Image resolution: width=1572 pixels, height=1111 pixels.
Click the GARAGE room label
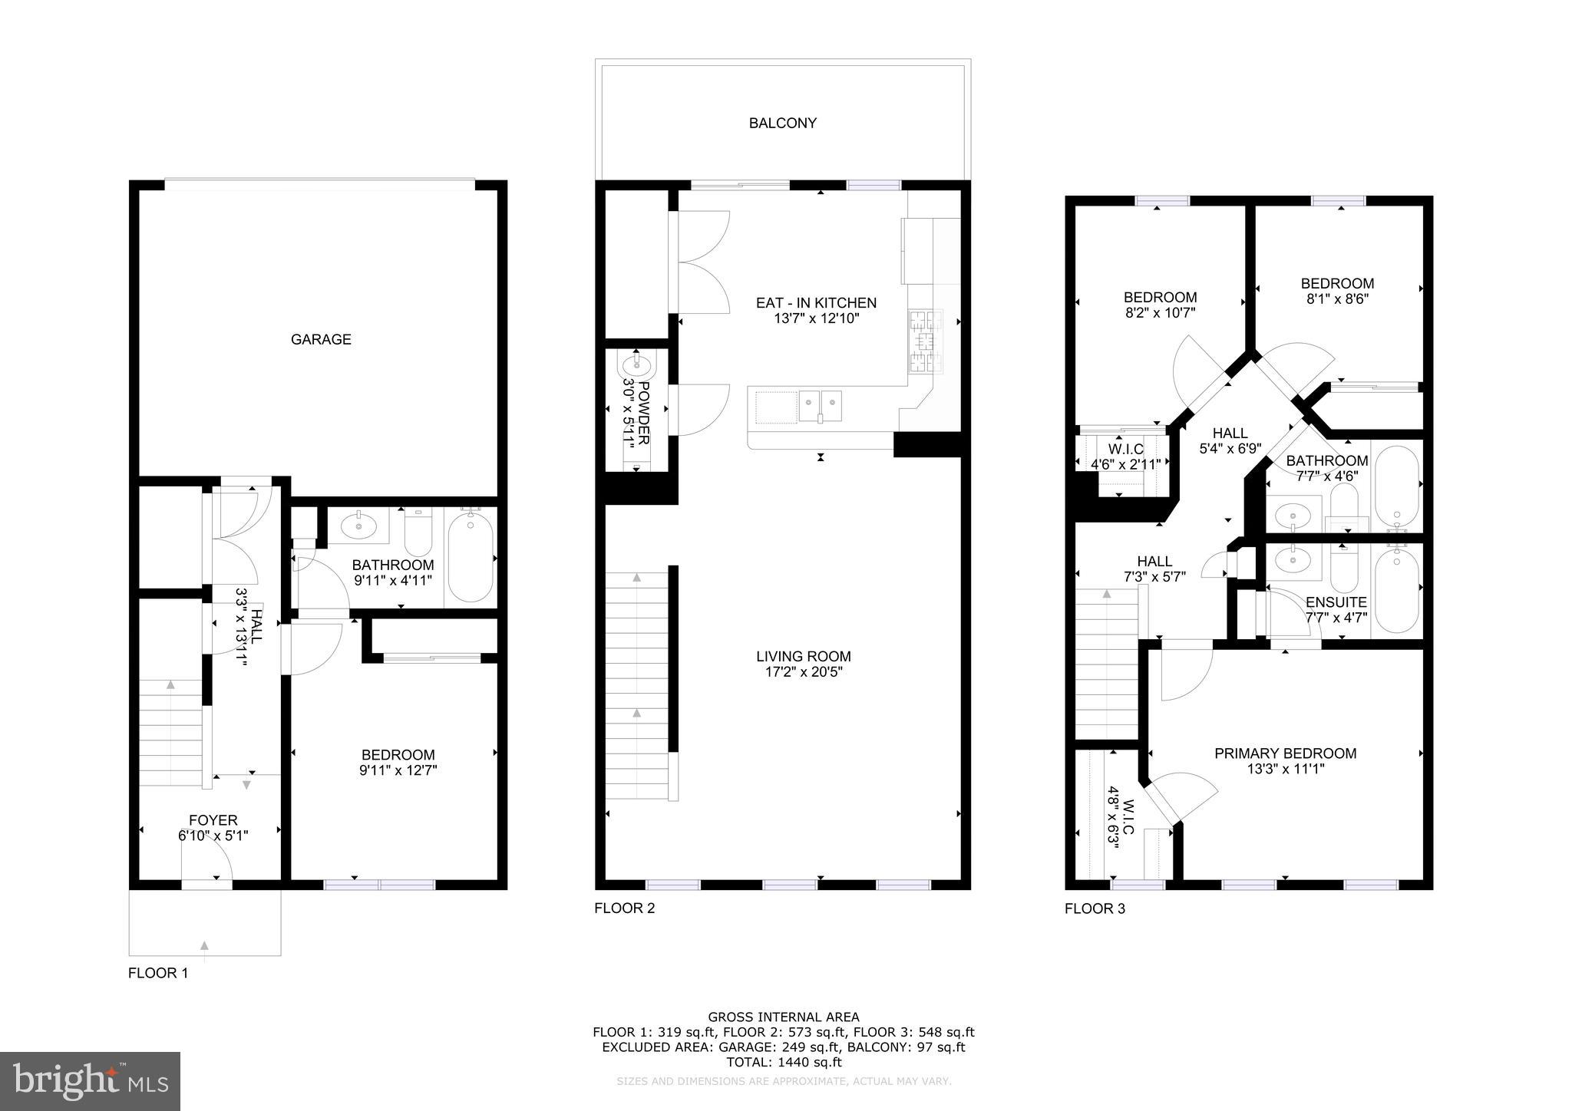pyautogui.click(x=321, y=339)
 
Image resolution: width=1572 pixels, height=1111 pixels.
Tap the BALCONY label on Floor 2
pyautogui.click(x=782, y=123)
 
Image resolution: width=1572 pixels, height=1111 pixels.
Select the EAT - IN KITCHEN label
pyautogui.click(x=816, y=303)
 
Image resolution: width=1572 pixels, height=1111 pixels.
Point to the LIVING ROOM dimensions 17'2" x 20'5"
pyautogui.click(x=803, y=672)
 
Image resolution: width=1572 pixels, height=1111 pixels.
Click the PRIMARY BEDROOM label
pyautogui.click(x=1285, y=753)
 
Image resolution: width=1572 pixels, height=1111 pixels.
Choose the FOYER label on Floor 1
pyautogui.click(x=213, y=820)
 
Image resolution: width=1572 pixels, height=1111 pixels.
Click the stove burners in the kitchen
pyautogui.click(x=925, y=341)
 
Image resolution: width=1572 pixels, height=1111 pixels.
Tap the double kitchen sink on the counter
pyautogui.click(x=820, y=405)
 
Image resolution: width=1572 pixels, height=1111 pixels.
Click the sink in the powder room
pyautogui.click(x=636, y=364)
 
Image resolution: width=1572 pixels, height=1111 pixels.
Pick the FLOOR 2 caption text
pyautogui.click(x=624, y=908)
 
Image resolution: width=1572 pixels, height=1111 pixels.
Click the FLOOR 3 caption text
pyautogui.click(x=1095, y=909)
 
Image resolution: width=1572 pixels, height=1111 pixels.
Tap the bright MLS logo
pyautogui.click(x=90, y=1081)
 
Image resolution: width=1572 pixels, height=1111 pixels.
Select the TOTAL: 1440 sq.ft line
pyautogui.click(x=783, y=1062)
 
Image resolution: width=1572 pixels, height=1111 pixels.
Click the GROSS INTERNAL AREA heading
pyautogui.click(x=783, y=1017)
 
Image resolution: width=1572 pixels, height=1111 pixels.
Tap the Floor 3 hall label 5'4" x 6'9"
pyautogui.click(x=1230, y=449)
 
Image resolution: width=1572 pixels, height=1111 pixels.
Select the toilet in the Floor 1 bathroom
pyautogui.click(x=418, y=533)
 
